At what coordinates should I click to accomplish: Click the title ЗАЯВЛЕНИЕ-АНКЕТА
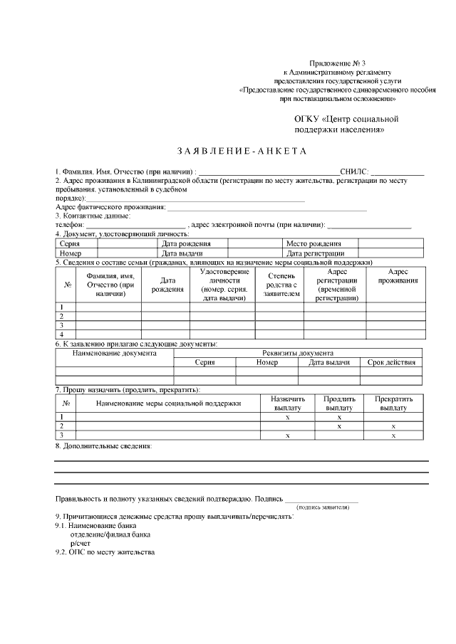[241, 152]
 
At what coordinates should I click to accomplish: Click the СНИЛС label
[354, 172]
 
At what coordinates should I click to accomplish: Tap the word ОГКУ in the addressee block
[307, 119]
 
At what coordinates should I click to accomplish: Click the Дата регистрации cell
[315, 253]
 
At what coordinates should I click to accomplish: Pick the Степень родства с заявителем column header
[279, 283]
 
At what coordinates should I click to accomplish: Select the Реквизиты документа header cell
[298, 353]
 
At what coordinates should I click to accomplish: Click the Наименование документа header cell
[114, 353]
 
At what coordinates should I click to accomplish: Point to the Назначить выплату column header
[288, 403]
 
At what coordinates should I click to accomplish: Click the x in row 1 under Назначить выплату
[288, 417]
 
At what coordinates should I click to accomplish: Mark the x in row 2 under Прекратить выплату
[393, 426]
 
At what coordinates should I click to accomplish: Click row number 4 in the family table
[62, 334]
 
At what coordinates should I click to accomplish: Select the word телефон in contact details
[69, 225]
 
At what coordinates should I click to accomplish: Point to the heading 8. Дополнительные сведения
[103, 446]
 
